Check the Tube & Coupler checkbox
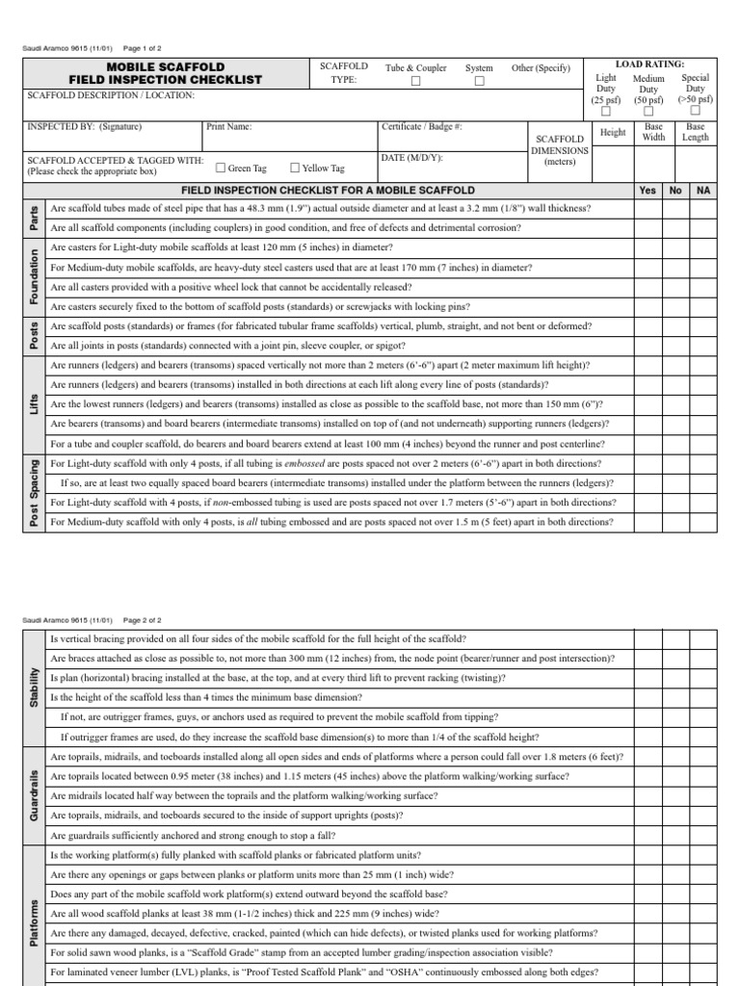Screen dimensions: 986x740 click(416, 82)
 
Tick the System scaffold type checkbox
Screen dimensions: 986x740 click(479, 82)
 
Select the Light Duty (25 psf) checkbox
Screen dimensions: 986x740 click(606, 112)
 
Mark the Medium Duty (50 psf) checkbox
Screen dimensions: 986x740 click(648, 112)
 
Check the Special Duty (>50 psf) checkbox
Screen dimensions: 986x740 click(695, 112)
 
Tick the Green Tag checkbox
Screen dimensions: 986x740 click(221, 167)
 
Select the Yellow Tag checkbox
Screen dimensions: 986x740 click(295, 167)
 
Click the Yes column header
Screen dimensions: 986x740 click(647, 191)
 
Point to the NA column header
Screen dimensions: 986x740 click(703, 191)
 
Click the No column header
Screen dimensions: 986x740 click(675, 191)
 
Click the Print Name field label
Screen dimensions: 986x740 click(228, 126)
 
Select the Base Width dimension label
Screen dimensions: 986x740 click(654, 132)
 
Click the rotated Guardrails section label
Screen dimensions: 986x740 click(33, 794)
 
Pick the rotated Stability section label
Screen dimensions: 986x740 click(33, 688)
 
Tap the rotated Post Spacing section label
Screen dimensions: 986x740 click(33, 494)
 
